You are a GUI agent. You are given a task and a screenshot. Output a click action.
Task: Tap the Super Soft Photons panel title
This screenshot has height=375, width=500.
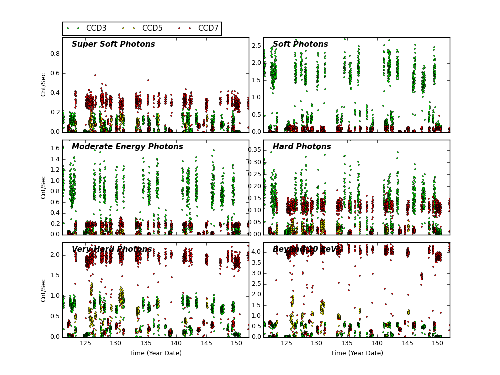pos(113,44)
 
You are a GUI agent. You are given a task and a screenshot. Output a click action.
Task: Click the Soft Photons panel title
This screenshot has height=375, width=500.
pos(300,44)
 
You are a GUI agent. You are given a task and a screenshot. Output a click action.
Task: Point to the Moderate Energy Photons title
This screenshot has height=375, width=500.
pos(127,147)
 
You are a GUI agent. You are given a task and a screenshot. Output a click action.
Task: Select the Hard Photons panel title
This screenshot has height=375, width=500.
pos(302,147)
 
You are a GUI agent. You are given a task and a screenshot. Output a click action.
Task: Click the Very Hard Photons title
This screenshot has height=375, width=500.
pos(112,249)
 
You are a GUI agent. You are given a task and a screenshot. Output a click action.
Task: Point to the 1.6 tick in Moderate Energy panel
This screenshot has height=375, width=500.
pos(54,148)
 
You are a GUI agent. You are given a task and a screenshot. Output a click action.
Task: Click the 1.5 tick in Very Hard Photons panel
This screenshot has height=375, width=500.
pos(54,275)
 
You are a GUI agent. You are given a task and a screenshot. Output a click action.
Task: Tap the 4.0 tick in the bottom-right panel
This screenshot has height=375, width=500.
pos(255,252)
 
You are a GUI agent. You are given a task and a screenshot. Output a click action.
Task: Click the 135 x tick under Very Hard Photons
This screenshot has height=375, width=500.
pos(146,344)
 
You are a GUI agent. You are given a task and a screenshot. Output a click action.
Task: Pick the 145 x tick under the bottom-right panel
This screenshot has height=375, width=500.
pos(407,344)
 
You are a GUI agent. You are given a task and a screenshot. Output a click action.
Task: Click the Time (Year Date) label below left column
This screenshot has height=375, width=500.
pos(155,353)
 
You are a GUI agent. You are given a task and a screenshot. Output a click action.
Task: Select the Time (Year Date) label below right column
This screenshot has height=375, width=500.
pos(357,353)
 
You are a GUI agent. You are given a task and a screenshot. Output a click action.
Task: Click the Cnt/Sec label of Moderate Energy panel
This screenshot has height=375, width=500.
pos(44,187)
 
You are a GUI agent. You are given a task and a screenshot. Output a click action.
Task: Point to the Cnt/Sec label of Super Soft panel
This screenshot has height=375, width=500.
pos(44,85)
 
